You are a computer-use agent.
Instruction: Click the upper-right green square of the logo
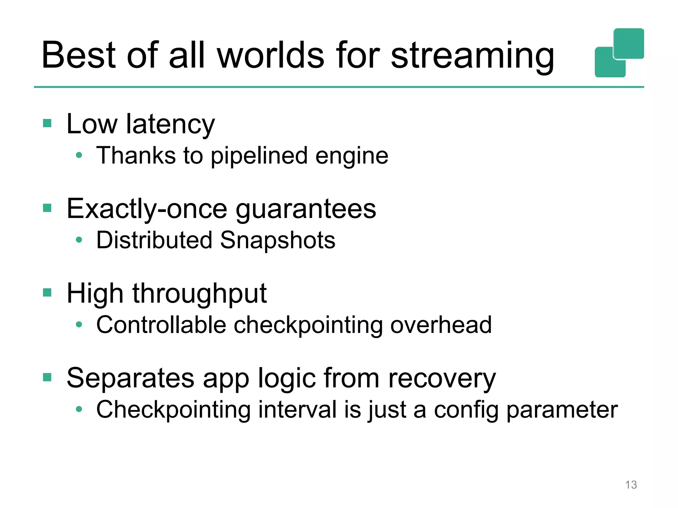pos(629,43)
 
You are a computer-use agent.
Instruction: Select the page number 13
pos(631,485)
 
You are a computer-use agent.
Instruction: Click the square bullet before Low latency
pos(47,123)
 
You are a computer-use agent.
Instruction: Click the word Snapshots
pos(277,240)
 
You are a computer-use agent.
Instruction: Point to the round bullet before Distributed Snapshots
pos(79,240)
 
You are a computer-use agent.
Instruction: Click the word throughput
pos(200,294)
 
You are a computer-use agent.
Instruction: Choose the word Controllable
pos(161,325)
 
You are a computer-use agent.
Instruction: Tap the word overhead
pos(441,325)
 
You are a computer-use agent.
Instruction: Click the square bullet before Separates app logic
pos(47,377)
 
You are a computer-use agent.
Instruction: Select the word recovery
pos(442,378)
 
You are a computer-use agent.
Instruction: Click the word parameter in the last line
pos(562,410)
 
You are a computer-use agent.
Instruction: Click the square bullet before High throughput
pos(47,293)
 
